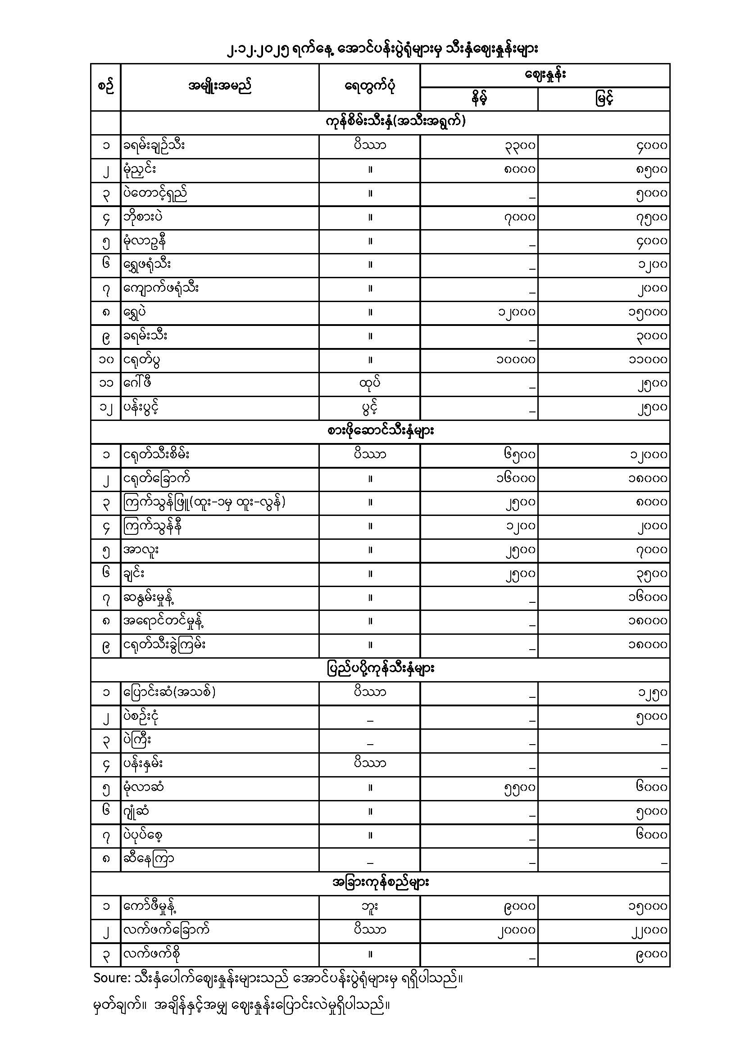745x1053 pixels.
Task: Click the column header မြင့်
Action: coord(604,99)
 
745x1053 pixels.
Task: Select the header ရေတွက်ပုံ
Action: coord(370,87)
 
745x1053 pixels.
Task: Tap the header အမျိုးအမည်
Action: coord(220,86)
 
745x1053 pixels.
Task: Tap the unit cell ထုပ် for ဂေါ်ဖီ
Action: coord(370,384)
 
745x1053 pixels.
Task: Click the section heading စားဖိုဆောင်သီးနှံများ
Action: coord(380,431)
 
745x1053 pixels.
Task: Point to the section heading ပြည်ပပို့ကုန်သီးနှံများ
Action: coord(380,669)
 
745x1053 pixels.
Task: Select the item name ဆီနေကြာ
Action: coord(148,859)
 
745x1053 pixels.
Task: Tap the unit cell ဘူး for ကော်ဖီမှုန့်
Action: coord(370,907)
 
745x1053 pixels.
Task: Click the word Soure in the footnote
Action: coord(111,978)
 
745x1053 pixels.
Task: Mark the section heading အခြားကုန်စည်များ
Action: coord(380,883)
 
